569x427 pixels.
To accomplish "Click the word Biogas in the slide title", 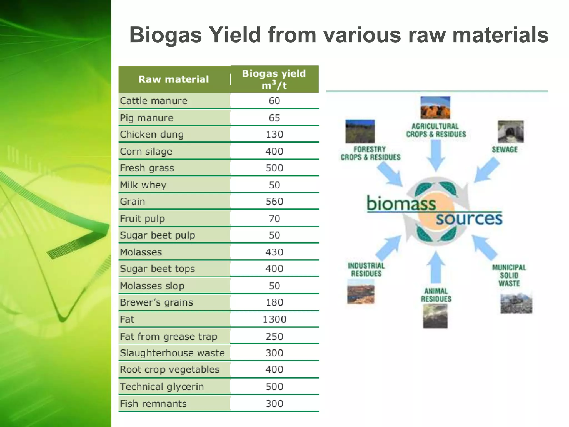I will [x=165, y=35].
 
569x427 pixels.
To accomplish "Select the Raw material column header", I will [x=174, y=80].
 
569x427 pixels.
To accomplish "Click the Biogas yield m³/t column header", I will [x=274, y=79].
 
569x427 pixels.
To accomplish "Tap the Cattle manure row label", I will [x=154, y=101].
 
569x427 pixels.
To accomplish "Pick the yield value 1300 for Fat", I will [x=274, y=319].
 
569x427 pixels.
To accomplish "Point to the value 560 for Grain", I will [x=274, y=202].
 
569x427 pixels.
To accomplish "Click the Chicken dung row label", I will [x=152, y=135].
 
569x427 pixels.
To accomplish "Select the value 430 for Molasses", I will [x=274, y=252].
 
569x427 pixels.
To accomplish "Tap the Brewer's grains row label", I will [x=156, y=302].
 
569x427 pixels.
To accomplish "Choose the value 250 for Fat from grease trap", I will [x=274, y=336].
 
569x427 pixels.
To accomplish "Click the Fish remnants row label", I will [x=153, y=404].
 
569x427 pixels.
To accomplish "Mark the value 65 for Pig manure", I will [x=274, y=118].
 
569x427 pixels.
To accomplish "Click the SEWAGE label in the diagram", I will [x=505, y=150].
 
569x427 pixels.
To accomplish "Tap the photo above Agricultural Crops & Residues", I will [x=435, y=108].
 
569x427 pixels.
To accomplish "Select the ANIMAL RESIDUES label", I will [x=436, y=295].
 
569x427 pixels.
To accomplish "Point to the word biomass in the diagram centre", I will [x=401, y=203].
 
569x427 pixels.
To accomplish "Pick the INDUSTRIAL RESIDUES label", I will [x=366, y=270].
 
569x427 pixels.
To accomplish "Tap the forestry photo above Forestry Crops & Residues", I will [x=360, y=131].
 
